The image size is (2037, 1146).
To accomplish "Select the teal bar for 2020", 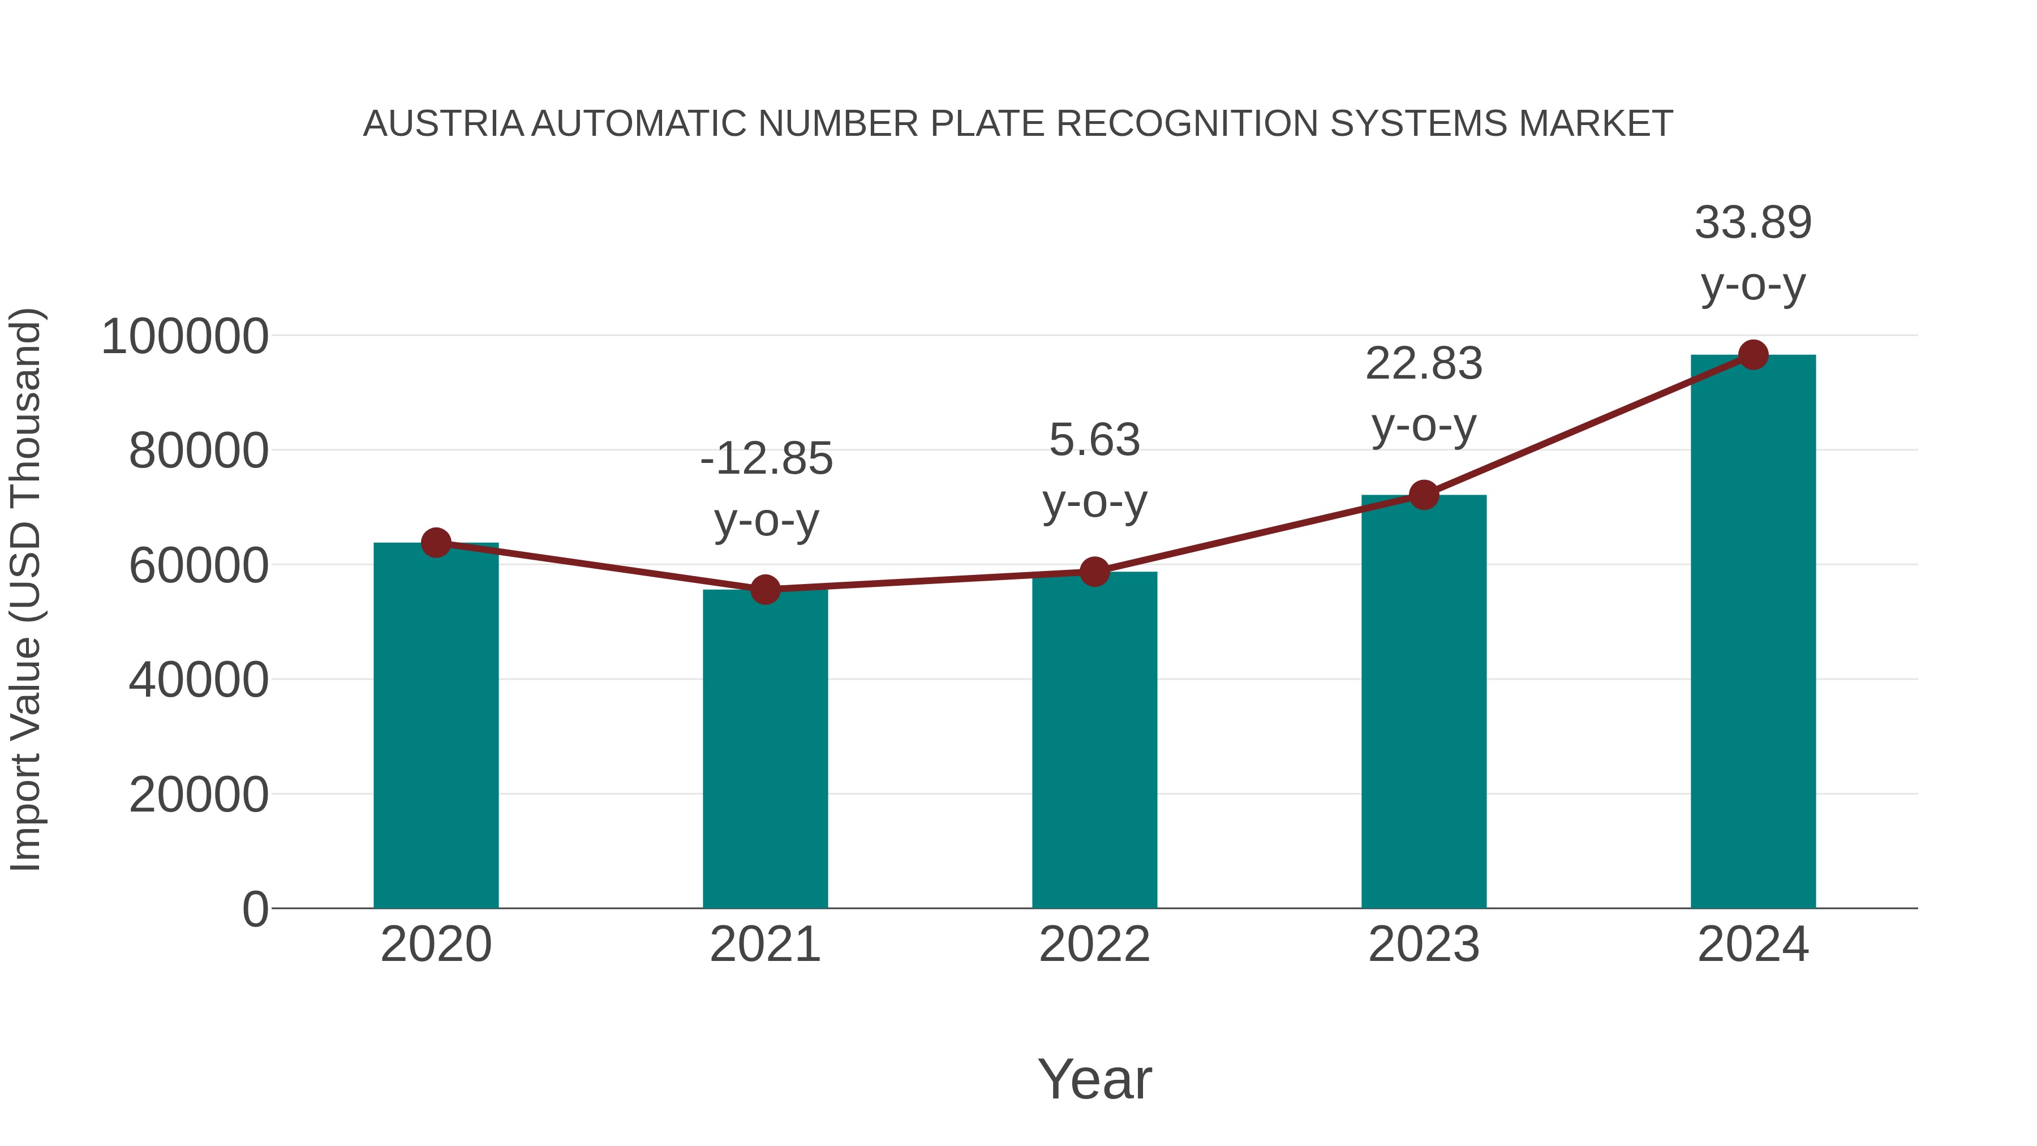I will coord(436,728).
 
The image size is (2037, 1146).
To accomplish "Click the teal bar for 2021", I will coord(764,752).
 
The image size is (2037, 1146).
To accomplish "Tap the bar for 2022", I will coord(1094,744).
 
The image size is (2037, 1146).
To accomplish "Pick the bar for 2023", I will coord(1424,704).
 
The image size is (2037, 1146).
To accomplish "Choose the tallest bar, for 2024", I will coord(1753,633).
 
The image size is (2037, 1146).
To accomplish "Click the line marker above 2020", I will coord(436,543).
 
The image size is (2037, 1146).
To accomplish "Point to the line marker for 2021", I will coord(764,589).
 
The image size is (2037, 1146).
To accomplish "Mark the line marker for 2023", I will coord(1424,495).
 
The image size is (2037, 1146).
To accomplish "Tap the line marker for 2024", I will coord(1753,355).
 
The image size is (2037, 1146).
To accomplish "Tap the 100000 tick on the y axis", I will coord(185,336).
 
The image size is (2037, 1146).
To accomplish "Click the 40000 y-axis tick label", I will coord(199,680).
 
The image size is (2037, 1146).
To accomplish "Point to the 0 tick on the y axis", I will coord(255,909).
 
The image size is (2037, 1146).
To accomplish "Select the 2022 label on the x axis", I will coord(1094,945).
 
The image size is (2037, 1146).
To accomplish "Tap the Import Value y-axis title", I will coord(26,589).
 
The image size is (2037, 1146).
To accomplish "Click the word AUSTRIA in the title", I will coord(443,124).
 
